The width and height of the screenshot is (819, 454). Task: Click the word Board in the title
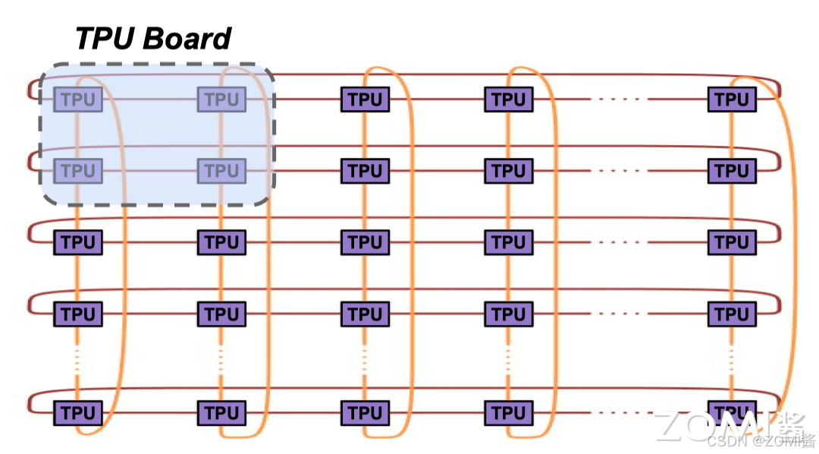pyautogui.click(x=187, y=38)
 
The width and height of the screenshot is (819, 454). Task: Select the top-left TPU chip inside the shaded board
pyautogui.click(x=77, y=99)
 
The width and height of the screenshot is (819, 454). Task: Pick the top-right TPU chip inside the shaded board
pyautogui.click(x=221, y=99)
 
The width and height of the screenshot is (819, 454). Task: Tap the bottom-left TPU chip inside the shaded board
pyautogui.click(x=77, y=171)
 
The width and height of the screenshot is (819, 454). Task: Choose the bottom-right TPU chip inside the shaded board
pyautogui.click(x=221, y=171)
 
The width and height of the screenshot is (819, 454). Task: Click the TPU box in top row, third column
pyautogui.click(x=365, y=99)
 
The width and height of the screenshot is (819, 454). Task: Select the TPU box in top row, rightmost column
pyautogui.click(x=732, y=99)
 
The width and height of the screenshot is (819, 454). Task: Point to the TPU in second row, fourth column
pyautogui.click(x=508, y=171)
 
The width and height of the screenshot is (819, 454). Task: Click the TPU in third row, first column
pyautogui.click(x=77, y=243)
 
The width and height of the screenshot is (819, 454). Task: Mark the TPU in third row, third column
pyautogui.click(x=365, y=243)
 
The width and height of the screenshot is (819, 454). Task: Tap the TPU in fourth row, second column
pyautogui.click(x=221, y=314)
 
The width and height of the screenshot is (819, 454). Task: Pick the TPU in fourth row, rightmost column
pyautogui.click(x=732, y=314)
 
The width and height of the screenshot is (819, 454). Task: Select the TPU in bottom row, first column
pyautogui.click(x=77, y=414)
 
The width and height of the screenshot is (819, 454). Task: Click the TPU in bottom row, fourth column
pyautogui.click(x=508, y=414)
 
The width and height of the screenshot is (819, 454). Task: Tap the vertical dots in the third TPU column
pyautogui.click(x=365, y=358)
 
